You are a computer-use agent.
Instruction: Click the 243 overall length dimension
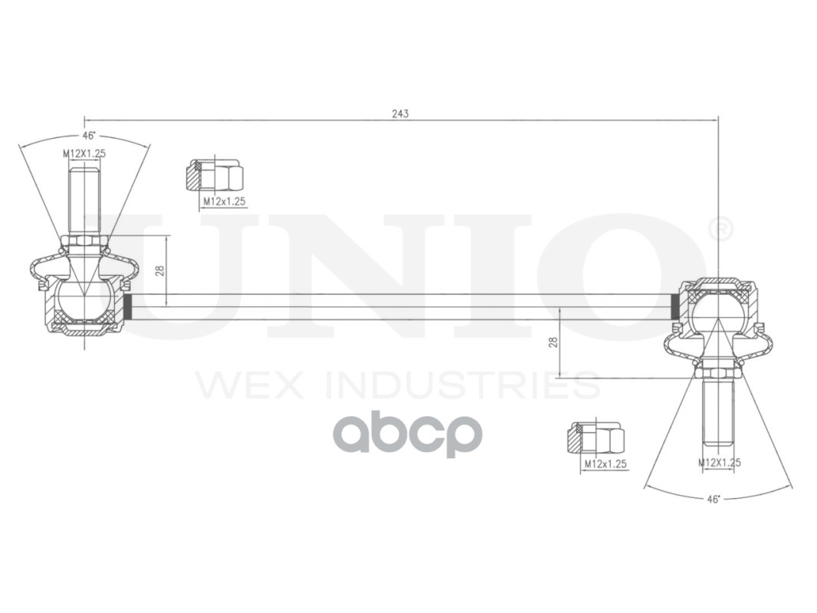(400, 113)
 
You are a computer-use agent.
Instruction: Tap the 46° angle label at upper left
(90, 136)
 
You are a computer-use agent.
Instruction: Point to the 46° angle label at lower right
(714, 499)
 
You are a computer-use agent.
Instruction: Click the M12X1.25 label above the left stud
(84, 153)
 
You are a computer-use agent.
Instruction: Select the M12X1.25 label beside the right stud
(719, 462)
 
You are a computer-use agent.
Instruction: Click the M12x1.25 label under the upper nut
(224, 202)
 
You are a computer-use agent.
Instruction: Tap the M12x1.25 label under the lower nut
(605, 464)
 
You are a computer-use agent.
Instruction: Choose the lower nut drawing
(596, 438)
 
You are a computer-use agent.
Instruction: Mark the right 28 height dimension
(553, 342)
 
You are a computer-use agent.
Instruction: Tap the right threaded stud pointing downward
(718, 414)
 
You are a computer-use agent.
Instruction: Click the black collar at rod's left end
(129, 306)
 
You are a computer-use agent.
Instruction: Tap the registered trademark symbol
(720, 228)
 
